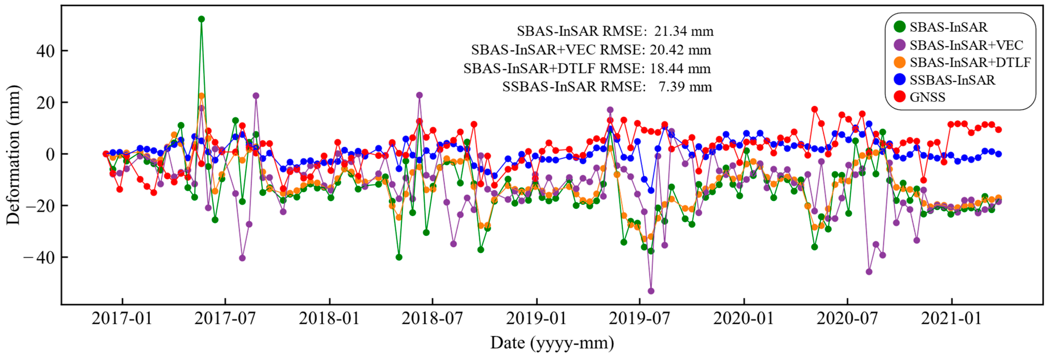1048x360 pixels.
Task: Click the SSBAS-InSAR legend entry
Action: coord(952,80)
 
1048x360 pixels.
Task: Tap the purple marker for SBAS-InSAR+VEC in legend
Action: coord(899,45)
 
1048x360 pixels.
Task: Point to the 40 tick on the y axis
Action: coord(46,51)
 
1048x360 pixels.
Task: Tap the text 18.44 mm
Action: coord(680,68)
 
